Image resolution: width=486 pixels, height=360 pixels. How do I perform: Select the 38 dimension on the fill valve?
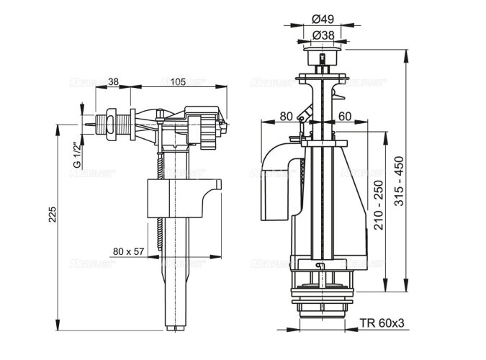tap(114, 81)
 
